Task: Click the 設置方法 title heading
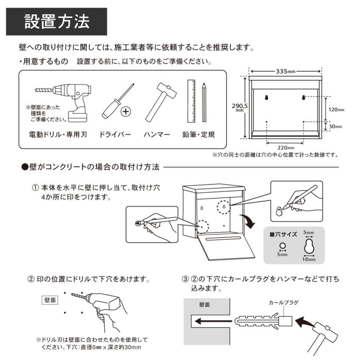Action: click(x=57, y=22)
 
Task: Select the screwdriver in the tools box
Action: click(x=118, y=101)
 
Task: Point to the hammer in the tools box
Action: click(x=161, y=102)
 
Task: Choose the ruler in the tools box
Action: click(x=191, y=101)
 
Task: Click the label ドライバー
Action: click(x=115, y=134)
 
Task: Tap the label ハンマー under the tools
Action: click(x=156, y=134)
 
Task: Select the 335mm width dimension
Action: click(x=285, y=72)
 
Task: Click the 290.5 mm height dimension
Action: click(x=240, y=107)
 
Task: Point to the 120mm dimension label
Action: click(x=336, y=110)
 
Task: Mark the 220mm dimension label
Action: click(x=286, y=148)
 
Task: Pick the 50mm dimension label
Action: click(x=336, y=126)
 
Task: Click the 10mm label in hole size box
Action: click(x=309, y=260)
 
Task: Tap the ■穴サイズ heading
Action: click(x=283, y=234)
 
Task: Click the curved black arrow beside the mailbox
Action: click(x=248, y=221)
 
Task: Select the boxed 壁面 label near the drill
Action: click(x=50, y=300)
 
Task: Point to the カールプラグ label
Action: click(x=284, y=303)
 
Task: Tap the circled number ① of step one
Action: click(x=35, y=188)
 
